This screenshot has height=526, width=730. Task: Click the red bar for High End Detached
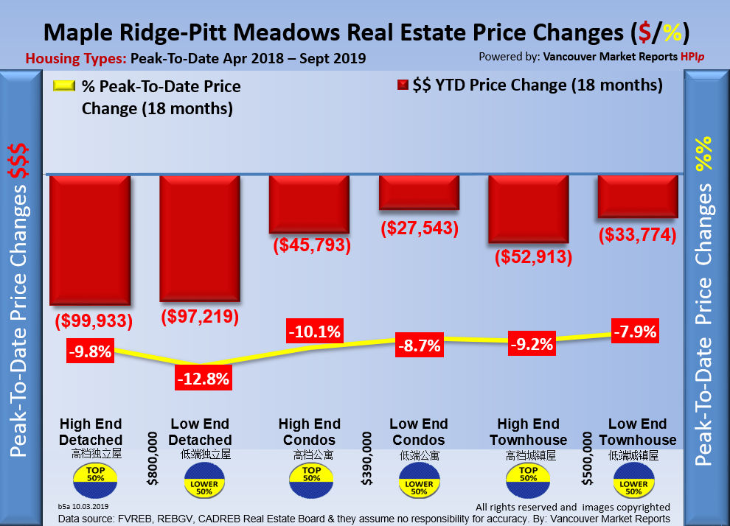[90, 239]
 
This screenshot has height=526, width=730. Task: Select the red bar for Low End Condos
[419, 192]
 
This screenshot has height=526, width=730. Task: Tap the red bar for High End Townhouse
[528, 208]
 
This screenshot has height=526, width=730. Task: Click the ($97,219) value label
[201, 317]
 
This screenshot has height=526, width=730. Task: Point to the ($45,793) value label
[309, 245]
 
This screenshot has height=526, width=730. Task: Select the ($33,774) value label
[638, 236]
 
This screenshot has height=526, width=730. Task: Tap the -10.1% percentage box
[314, 332]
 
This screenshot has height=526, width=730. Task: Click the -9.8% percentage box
[90, 351]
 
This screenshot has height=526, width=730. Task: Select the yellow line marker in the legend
[66, 87]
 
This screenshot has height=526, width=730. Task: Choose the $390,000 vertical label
[366, 458]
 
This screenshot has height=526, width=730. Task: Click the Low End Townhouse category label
[637, 432]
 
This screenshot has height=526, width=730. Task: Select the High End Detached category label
[91, 432]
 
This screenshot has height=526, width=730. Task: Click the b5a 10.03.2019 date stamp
[83, 507]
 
